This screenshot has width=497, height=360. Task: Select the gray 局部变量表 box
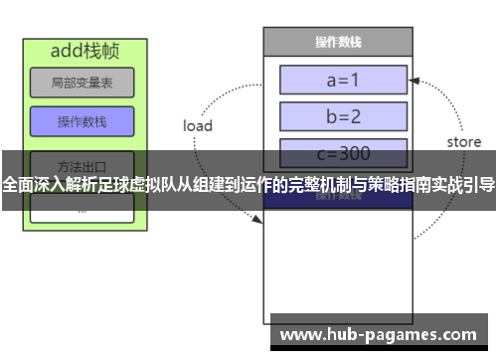pos(82,83)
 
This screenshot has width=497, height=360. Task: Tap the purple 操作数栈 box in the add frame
pos(82,121)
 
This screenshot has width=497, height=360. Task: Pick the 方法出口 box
pos(82,163)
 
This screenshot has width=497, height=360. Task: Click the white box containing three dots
pos(82,210)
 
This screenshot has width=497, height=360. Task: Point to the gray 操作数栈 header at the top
pos(338,42)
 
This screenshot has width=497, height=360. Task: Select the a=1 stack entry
pos(343,80)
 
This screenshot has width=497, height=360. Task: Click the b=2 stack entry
pos(343,116)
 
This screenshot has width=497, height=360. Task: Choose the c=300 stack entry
pos(343,153)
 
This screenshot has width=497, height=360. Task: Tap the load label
pos(198,126)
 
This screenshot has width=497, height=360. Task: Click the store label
pos(463,142)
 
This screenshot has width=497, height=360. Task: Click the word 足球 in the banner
pos(138,184)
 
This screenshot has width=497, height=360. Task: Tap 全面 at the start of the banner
pos(17,184)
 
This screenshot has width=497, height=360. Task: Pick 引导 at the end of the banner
pos(479,184)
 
